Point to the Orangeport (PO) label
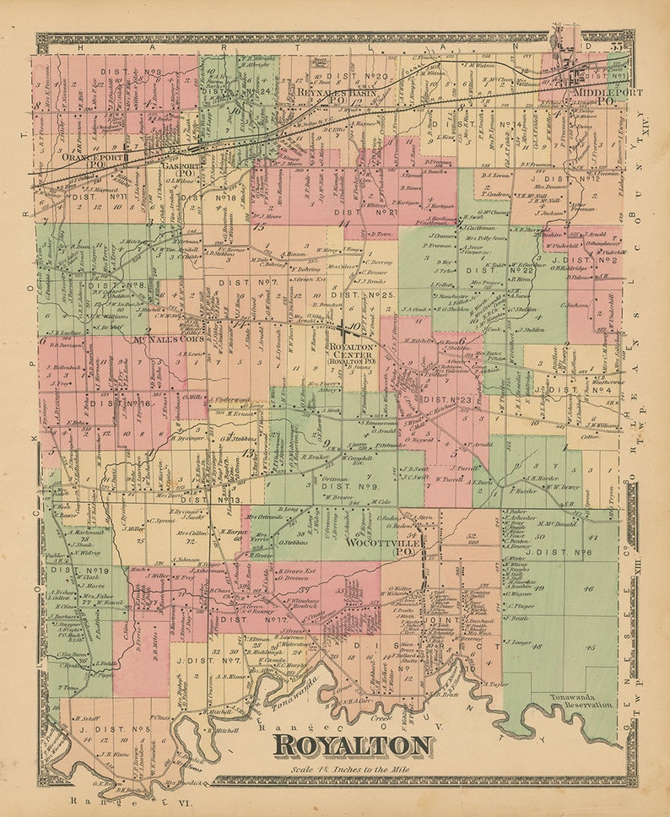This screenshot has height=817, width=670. (x=92, y=160)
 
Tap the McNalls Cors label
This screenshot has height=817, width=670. (x=168, y=339)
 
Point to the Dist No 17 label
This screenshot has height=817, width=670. (x=244, y=619)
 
